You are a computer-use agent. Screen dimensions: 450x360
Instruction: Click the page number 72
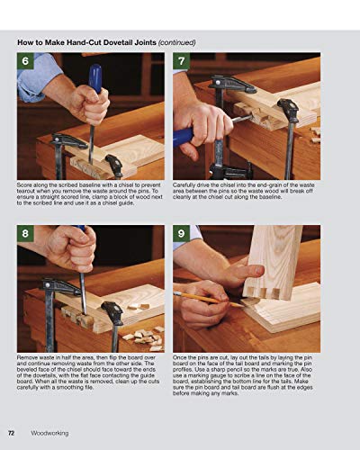(12, 432)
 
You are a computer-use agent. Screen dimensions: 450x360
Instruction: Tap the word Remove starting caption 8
(29, 358)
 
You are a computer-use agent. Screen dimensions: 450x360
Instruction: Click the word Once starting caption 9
(184, 358)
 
